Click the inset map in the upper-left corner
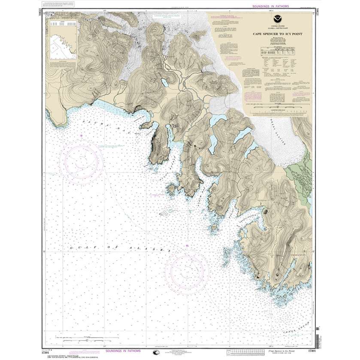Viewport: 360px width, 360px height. tap(61, 42)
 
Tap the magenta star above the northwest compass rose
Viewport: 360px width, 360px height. tap(81, 136)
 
